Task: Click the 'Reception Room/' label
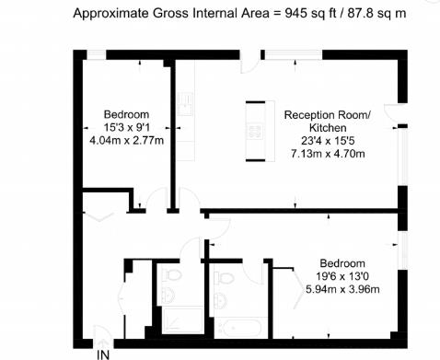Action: (x=328, y=115)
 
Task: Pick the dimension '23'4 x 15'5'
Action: (x=328, y=141)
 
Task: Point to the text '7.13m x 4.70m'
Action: (x=328, y=154)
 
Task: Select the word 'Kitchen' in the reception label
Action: (x=328, y=128)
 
